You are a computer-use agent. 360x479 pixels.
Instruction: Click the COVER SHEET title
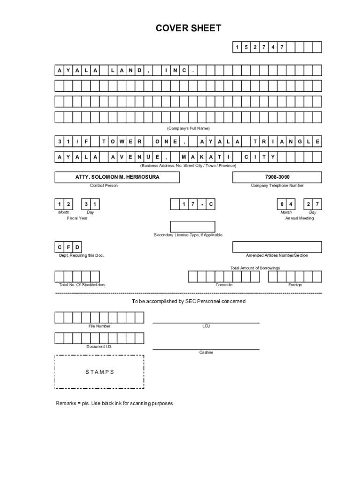(188, 29)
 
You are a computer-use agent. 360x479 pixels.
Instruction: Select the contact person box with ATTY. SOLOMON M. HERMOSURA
(110, 177)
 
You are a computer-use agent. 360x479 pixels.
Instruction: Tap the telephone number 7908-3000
(277, 177)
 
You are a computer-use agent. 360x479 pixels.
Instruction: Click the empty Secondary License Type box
(192, 226)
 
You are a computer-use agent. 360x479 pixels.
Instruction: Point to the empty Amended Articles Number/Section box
(277, 247)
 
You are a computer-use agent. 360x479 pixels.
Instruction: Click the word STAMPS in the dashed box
(100, 372)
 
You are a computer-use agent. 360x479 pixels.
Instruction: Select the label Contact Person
(104, 186)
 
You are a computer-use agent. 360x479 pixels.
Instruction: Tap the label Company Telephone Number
(277, 186)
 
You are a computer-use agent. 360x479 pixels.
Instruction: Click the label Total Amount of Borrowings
(255, 268)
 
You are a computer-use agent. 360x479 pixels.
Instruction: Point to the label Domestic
(224, 285)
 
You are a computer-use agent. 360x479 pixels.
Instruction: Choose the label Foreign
(295, 285)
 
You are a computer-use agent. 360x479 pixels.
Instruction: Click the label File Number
(100, 326)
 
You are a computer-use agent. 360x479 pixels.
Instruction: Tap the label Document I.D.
(99, 347)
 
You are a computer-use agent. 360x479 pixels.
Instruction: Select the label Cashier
(206, 352)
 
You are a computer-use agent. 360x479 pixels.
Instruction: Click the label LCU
(206, 326)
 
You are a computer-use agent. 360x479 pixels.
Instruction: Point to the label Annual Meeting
(300, 218)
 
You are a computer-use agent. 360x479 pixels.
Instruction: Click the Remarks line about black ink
(115, 403)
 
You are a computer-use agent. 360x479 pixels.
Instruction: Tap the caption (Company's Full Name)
(188, 128)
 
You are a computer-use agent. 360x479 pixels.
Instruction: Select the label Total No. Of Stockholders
(82, 285)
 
